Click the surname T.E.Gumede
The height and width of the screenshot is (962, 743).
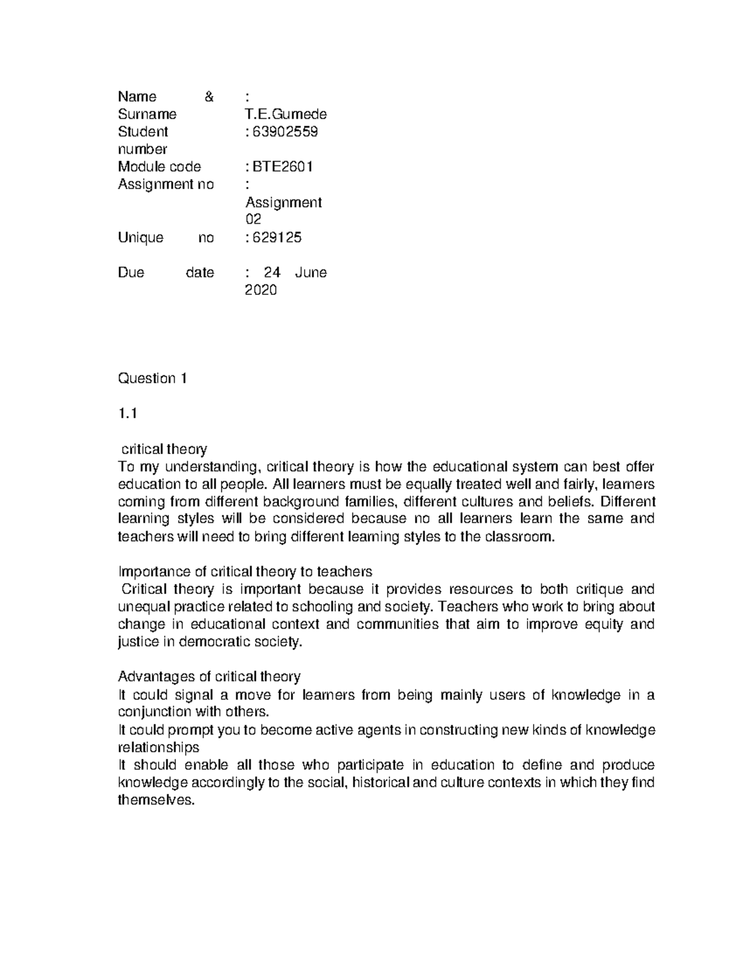point(286,114)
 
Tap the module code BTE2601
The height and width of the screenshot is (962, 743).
point(282,167)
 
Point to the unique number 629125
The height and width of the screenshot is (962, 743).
point(277,238)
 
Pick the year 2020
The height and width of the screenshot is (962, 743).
point(261,290)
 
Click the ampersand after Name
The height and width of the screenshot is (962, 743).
point(209,97)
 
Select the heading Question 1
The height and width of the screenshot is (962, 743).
point(152,378)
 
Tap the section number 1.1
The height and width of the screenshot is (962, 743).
point(127,414)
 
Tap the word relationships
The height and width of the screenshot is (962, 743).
point(159,747)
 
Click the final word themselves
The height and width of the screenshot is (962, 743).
point(156,800)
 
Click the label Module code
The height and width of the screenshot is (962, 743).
point(159,167)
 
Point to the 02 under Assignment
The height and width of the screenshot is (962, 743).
point(253,219)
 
